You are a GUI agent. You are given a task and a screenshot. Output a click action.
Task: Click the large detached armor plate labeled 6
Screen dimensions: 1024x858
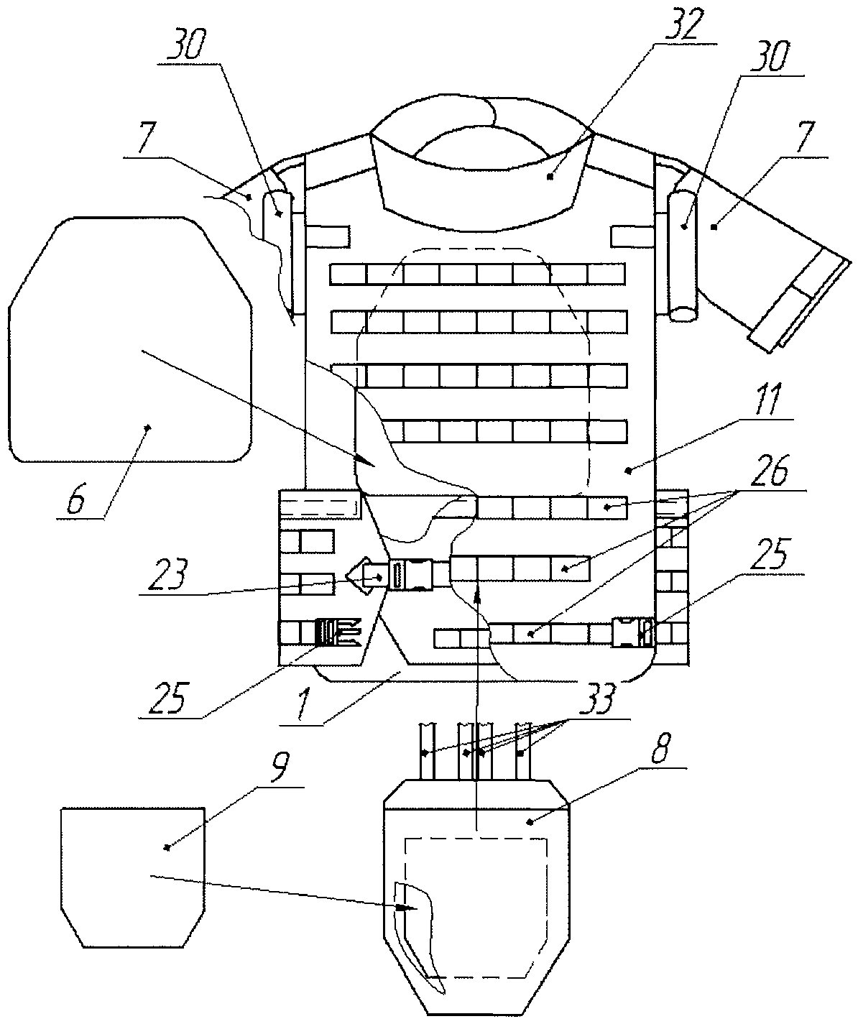[x=129, y=345]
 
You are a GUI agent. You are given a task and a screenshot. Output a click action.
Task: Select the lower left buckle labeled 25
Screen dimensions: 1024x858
[x=338, y=630]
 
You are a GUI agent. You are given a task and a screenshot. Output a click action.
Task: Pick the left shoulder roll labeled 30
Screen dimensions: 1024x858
[x=277, y=230]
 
